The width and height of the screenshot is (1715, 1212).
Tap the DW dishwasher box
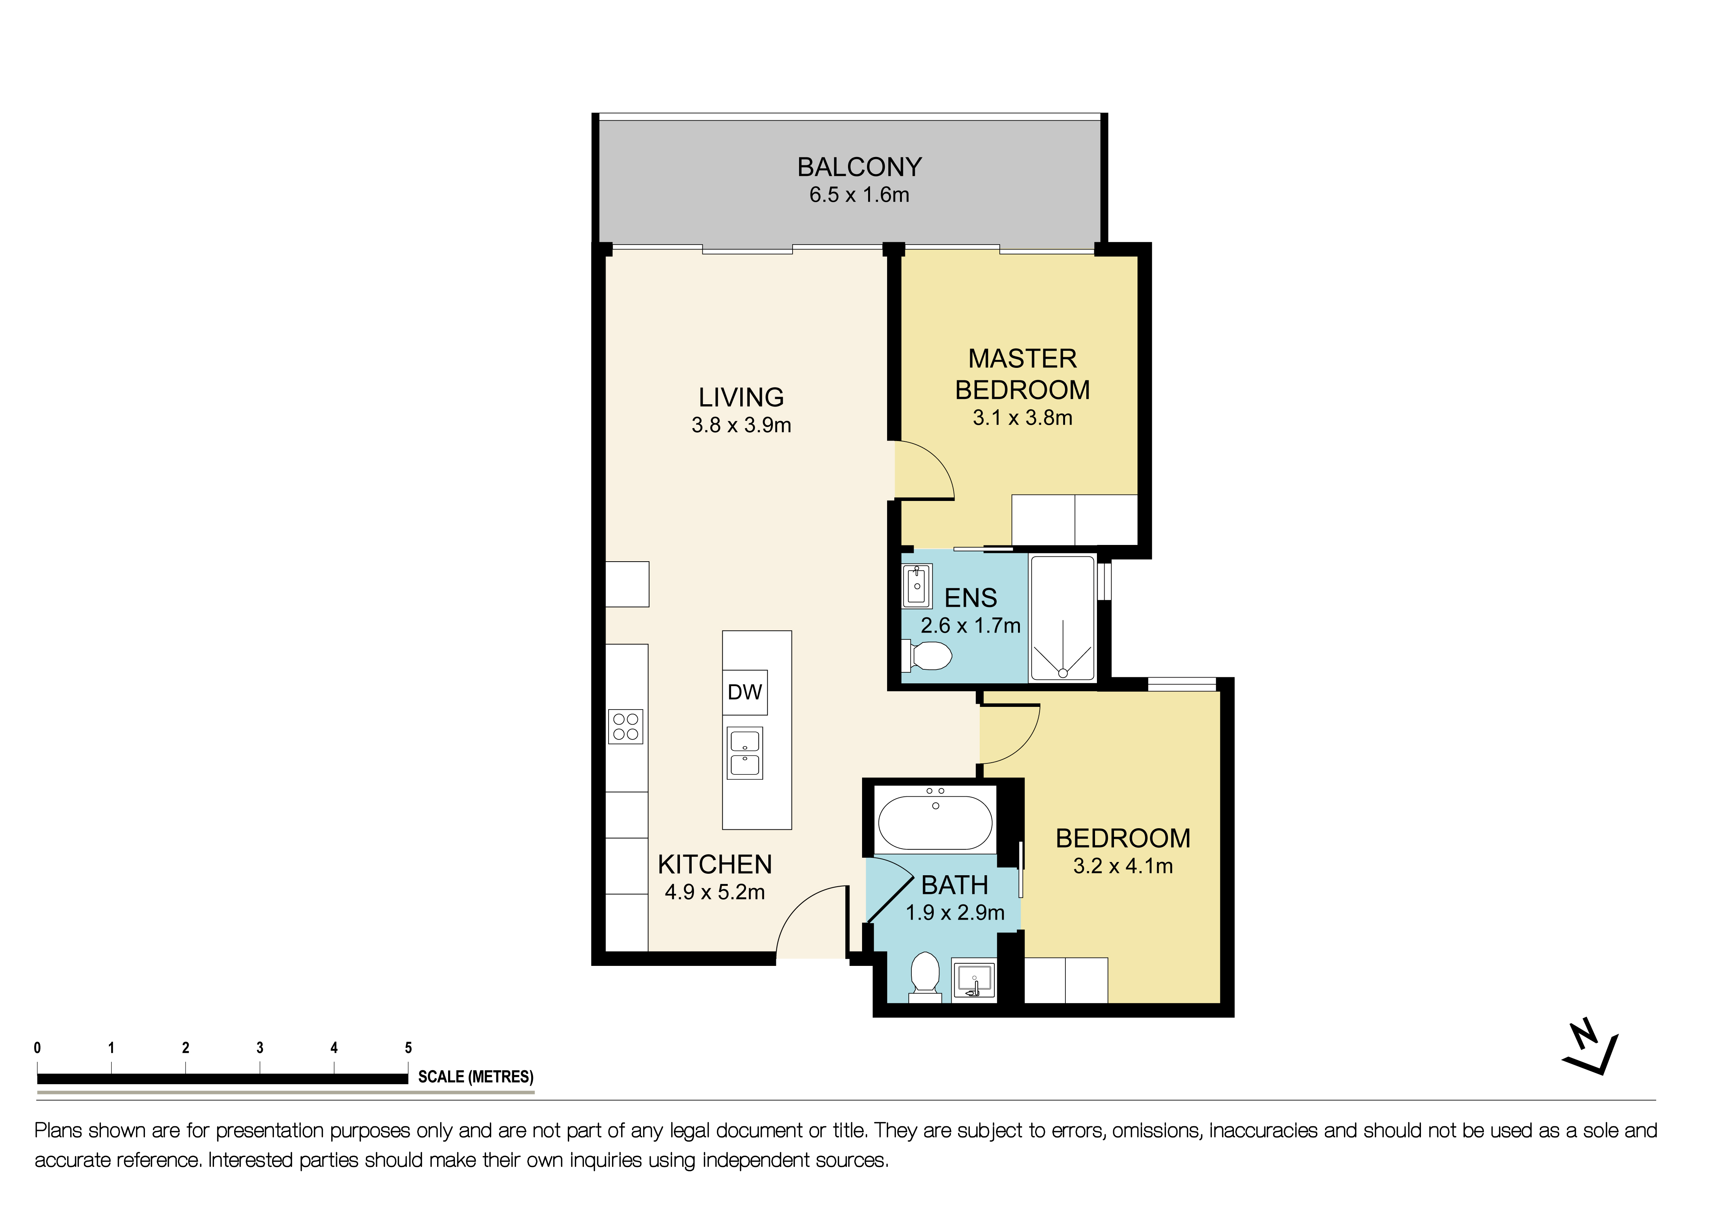click(x=745, y=692)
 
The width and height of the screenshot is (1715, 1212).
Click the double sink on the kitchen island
click(x=745, y=753)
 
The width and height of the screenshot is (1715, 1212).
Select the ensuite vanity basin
click(x=917, y=586)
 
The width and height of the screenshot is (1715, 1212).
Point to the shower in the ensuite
click(x=1062, y=618)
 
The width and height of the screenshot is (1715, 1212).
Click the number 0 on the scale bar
click(x=37, y=1048)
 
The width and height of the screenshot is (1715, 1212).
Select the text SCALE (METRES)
click(x=476, y=1077)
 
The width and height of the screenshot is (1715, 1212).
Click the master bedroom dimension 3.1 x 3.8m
click(x=1023, y=418)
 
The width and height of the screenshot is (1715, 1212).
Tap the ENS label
click(x=970, y=598)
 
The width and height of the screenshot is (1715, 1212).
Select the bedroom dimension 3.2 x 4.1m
click(x=1123, y=866)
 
